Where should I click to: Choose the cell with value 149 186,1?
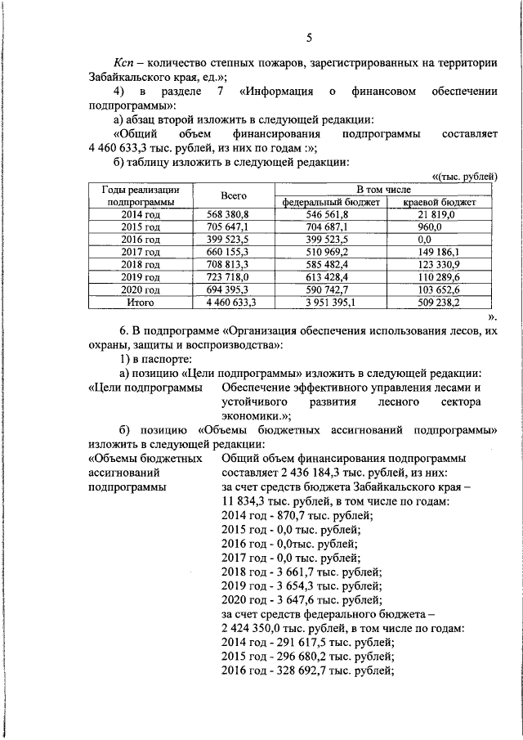(x=437, y=253)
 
